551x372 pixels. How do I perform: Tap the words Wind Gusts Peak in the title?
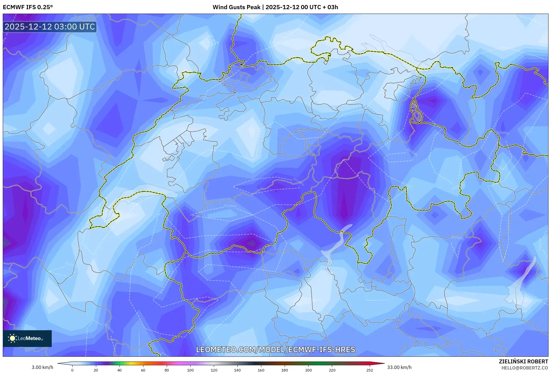point(236,7)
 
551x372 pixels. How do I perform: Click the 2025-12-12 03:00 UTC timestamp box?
point(50,27)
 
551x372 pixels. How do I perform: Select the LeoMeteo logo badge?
point(27,338)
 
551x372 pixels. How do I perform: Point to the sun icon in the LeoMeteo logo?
point(12,338)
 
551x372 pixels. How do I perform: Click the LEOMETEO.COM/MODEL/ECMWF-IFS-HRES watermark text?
point(275,349)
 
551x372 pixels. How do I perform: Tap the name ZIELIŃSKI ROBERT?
point(523,361)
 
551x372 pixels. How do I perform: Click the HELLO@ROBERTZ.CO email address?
point(525,368)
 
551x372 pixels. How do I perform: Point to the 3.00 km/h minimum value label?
point(42,367)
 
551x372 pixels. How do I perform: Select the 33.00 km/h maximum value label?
point(399,367)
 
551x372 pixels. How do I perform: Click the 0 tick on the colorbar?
point(72,370)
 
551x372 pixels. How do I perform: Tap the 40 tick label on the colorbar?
point(120,370)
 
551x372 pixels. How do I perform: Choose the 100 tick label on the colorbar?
point(190,370)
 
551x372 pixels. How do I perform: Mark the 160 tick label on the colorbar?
point(261,370)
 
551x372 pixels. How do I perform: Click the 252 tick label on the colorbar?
point(369,370)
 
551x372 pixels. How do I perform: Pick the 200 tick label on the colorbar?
point(308,370)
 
